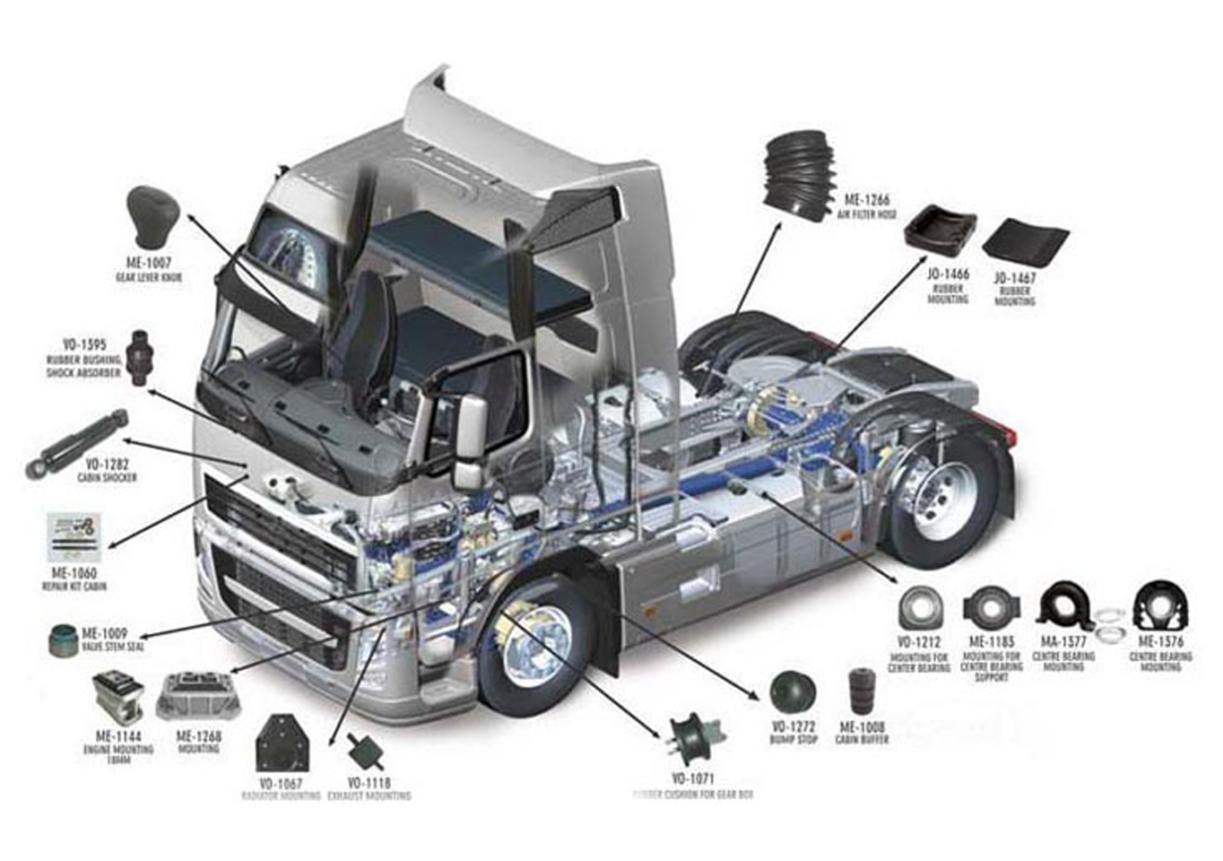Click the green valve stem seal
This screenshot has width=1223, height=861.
click(63, 638)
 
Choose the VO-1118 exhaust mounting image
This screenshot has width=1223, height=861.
click(362, 747)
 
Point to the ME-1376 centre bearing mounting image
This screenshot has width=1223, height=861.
click(1161, 606)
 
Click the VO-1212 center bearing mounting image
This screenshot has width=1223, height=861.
click(920, 609)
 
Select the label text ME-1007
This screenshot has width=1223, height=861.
click(148, 264)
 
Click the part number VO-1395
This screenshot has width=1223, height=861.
click(84, 344)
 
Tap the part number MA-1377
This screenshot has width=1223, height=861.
click(1063, 642)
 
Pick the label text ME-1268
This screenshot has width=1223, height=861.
click(198, 736)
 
